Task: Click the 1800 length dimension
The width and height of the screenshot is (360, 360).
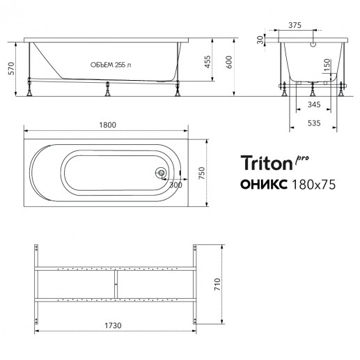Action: coord(108,125)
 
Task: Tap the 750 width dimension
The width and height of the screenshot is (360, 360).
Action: coord(202,173)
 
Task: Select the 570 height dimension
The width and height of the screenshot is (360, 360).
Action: coord(11,68)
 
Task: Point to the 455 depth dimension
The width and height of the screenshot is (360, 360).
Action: coord(208,62)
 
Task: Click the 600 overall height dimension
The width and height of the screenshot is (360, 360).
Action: coord(229,62)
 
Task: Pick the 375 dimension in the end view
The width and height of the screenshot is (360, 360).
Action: coord(295,25)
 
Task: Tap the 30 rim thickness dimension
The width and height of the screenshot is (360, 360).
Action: coord(260,40)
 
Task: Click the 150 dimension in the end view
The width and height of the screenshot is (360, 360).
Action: coord(327,65)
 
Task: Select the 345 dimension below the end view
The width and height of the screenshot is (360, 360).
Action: coord(314,104)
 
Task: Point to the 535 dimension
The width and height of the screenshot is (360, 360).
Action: coord(314,123)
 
